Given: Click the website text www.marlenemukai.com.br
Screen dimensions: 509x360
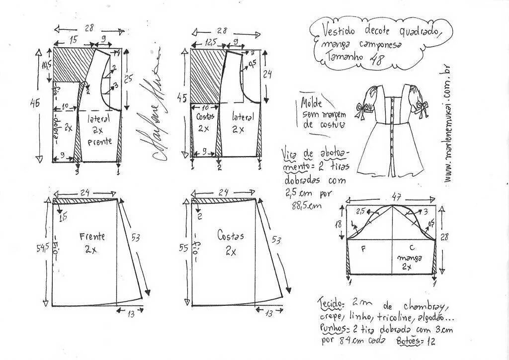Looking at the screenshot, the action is click(449, 124).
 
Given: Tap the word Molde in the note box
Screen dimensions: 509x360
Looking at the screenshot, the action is click(312, 103).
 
